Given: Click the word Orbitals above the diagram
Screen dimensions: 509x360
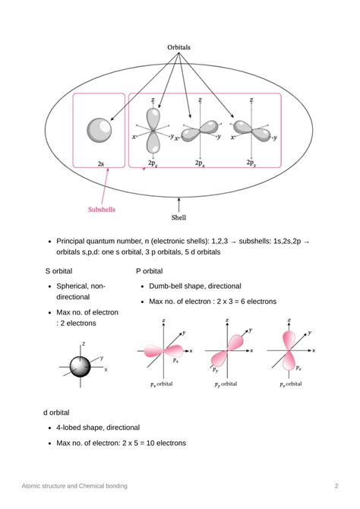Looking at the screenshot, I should (x=179, y=47).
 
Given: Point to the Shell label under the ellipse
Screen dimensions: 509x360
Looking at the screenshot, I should (x=178, y=217).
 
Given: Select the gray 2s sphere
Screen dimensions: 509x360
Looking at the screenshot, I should (x=99, y=130).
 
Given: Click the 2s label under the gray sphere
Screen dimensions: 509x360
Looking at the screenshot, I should (x=100, y=163).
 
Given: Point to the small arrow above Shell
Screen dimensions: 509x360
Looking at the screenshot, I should (x=178, y=204).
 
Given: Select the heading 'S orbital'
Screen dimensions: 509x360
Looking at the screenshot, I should (x=58, y=270).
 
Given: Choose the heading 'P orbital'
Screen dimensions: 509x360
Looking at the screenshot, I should (x=149, y=270).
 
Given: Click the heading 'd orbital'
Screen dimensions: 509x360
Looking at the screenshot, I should (x=57, y=413).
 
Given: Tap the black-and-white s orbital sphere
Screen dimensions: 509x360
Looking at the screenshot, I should (x=81, y=366).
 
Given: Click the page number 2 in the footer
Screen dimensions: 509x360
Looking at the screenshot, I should (x=336, y=485).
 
